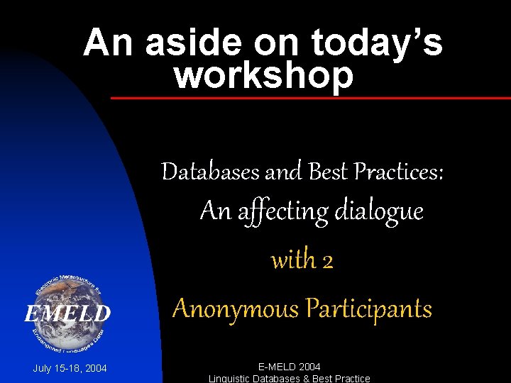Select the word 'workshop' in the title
[x=263, y=75]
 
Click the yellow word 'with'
[x=293, y=260]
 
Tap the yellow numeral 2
[x=327, y=262]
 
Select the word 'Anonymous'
[x=236, y=309]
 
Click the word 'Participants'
[x=368, y=309]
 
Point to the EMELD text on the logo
[x=67, y=313]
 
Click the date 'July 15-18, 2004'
[x=70, y=368]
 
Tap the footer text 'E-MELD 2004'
[x=289, y=367]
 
